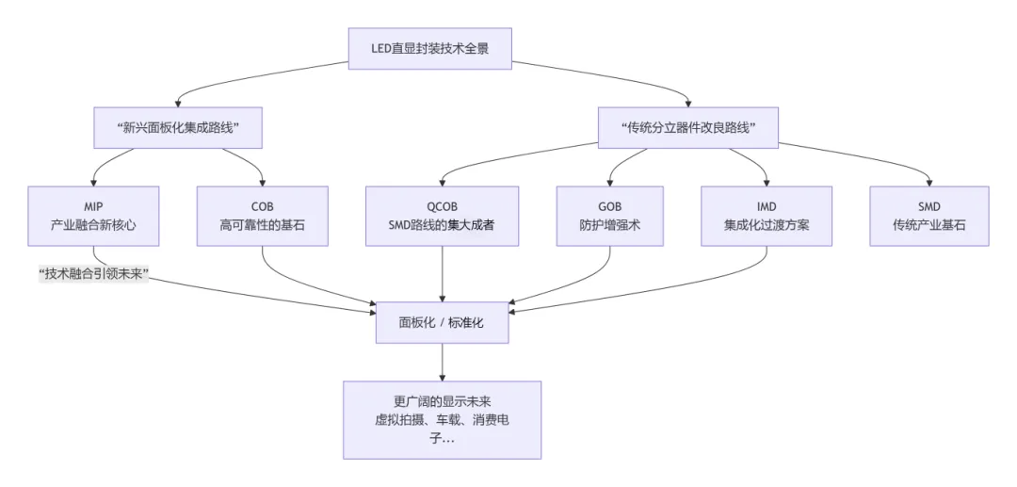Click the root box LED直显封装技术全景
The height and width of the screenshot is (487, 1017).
coord(430,48)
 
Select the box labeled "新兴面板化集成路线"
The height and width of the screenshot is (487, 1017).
coord(177,127)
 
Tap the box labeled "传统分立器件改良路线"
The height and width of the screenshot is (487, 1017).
coord(688,127)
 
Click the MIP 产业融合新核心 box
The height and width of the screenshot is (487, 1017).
coord(93,216)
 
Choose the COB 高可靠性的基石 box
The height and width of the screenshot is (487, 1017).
coord(262,216)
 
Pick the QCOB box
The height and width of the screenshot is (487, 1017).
coord(442,216)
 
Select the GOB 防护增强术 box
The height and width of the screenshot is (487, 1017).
coord(609,216)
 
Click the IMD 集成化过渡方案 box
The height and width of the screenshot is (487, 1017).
coord(766,216)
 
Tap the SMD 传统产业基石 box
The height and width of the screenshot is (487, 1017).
coord(928,216)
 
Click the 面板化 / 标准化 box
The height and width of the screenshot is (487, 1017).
coord(442,323)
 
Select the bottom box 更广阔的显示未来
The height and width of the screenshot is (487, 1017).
coord(442,419)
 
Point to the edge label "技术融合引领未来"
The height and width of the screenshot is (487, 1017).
coord(94,275)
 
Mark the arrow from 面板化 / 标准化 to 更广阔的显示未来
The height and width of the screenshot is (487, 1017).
coord(442,363)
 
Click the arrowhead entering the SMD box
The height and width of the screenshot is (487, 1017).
coord(929,182)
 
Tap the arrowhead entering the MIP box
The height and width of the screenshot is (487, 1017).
coord(93,182)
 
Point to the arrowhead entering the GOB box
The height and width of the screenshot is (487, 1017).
coord(609,182)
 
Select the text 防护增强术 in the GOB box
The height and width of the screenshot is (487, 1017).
coord(609,225)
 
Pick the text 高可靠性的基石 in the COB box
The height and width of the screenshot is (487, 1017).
coord(262,225)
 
